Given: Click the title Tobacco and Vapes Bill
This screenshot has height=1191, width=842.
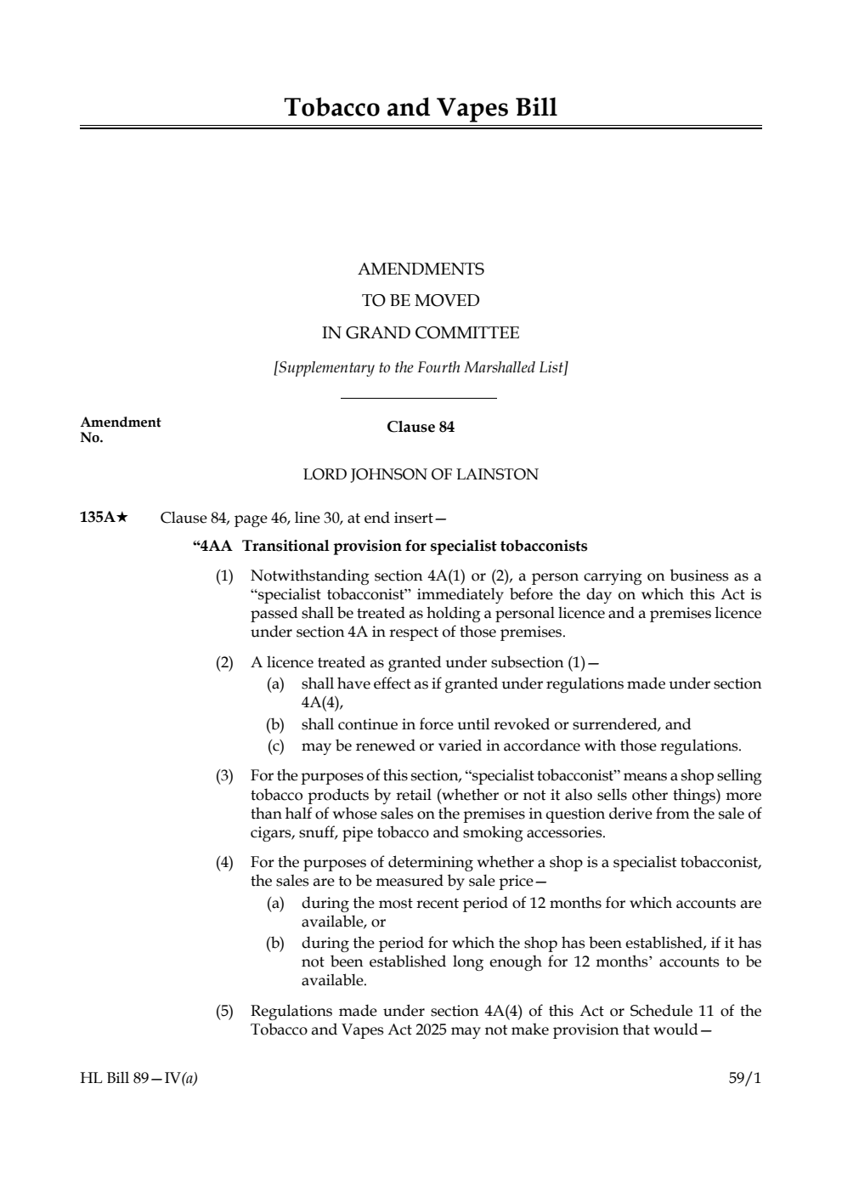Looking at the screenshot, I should coord(421,108).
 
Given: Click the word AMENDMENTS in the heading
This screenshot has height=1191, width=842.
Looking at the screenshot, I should coord(421,269).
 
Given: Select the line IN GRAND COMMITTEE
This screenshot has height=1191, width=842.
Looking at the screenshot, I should coord(421,333).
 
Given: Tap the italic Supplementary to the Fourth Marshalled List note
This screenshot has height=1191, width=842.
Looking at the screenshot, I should coord(421,368).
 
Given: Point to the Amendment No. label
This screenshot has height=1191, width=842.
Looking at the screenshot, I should coord(120,429).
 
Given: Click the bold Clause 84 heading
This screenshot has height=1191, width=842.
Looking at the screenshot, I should coord(421,427).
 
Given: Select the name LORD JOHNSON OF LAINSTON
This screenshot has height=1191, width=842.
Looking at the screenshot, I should coord(421,474).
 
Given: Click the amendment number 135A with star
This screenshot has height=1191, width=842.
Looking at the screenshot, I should coord(104,518).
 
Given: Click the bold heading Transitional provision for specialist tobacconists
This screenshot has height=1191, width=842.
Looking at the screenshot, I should coord(415,546).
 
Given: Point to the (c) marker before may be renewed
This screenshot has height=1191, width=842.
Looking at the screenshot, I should coord(275,746).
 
